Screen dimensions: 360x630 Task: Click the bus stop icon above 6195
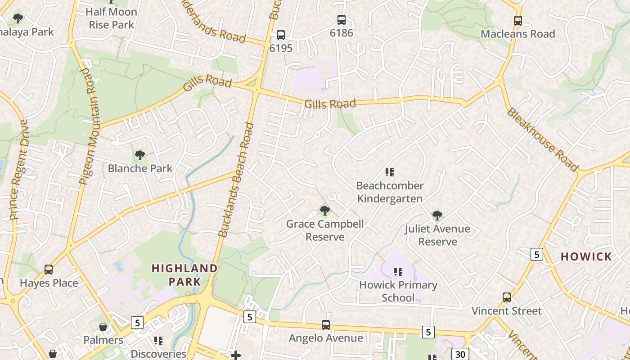pyautogui.click(x=281, y=35)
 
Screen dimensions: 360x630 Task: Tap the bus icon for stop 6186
pyautogui.click(x=342, y=20)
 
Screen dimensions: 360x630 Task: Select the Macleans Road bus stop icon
pyautogui.click(x=518, y=21)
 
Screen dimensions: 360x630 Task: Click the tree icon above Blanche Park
pyautogui.click(x=140, y=155)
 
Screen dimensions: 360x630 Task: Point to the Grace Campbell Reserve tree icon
pyautogui.click(x=324, y=210)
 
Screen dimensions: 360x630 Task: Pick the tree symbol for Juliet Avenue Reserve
pyautogui.click(x=437, y=216)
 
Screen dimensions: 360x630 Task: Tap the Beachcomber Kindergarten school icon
pyautogui.click(x=390, y=172)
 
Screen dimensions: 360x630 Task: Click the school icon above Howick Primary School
pyautogui.click(x=398, y=271)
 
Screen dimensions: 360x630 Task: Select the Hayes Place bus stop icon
pyautogui.click(x=49, y=270)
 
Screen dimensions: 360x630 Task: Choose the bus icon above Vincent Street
pyautogui.click(x=507, y=297)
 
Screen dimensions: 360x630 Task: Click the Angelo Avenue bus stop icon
pyautogui.click(x=326, y=324)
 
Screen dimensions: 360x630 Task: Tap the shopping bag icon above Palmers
pyautogui.click(x=103, y=327)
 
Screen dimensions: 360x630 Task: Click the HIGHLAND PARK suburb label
pyautogui.click(x=184, y=275)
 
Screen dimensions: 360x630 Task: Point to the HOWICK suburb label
pyautogui.click(x=586, y=257)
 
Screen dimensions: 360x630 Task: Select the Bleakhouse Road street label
pyautogui.click(x=542, y=139)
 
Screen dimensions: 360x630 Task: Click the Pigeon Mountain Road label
pyautogui.click(x=90, y=126)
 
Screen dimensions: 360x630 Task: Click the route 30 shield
pyautogui.click(x=460, y=354)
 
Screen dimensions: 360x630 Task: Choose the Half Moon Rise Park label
pyautogui.click(x=111, y=18)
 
